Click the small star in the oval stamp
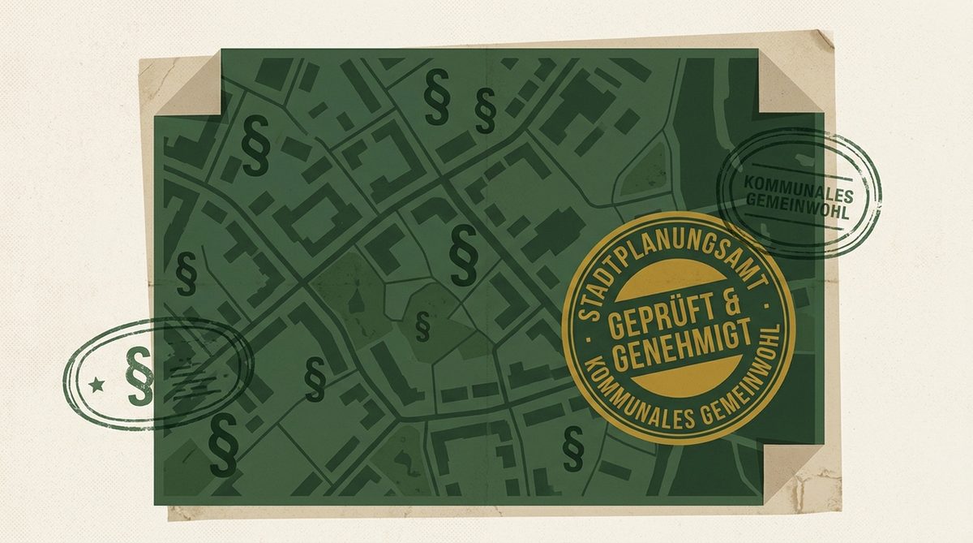(98, 384)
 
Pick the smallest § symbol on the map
(421, 325)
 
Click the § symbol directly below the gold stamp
(573, 447)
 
